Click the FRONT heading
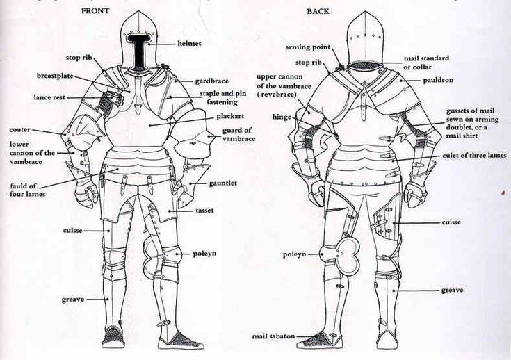pyautogui.click(x=95, y=10)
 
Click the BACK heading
pyautogui.click(x=318, y=11)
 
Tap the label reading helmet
pyautogui.click(x=189, y=43)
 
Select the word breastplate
pyautogui.click(x=55, y=76)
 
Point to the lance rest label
pyautogui.click(x=49, y=97)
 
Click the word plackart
pyautogui.click(x=230, y=116)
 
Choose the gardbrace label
pyautogui.click(x=212, y=81)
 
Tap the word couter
pyautogui.click(x=20, y=130)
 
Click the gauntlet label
pyautogui.click(x=223, y=183)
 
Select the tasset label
pyautogui.click(x=204, y=211)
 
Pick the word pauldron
pyautogui.click(x=438, y=80)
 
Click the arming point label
pyautogui.click(x=307, y=47)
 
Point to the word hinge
pyautogui.click(x=282, y=117)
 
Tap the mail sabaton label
pyautogui.click(x=273, y=336)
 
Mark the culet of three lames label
pyautogui.click(x=474, y=156)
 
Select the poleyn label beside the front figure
pyautogui.click(x=204, y=254)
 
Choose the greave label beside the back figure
pyautogui.click(x=452, y=290)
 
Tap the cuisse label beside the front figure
pyautogui.click(x=73, y=230)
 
